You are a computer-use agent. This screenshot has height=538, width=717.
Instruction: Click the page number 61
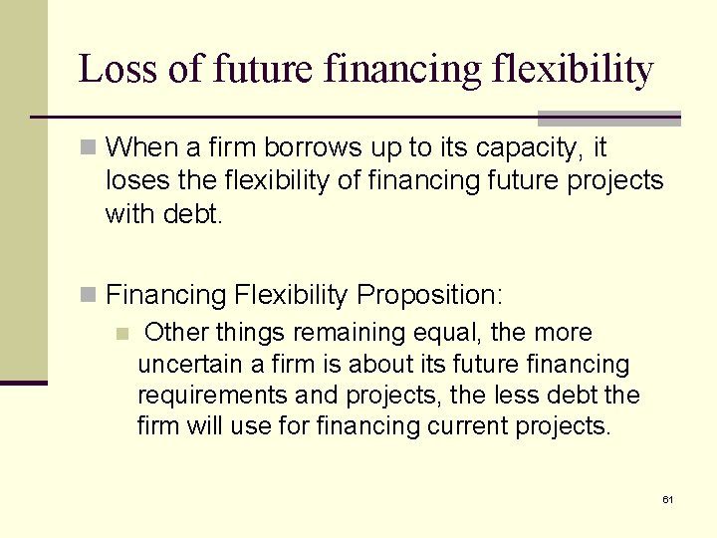(667, 498)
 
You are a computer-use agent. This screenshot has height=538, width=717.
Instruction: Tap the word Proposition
(429, 295)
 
